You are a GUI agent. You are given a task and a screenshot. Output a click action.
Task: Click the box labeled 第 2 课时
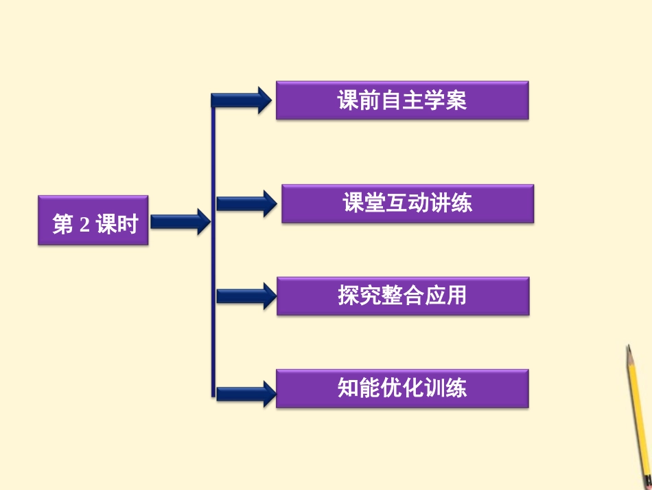click(x=93, y=221)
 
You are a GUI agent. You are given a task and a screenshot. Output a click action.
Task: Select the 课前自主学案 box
click(x=402, y=100)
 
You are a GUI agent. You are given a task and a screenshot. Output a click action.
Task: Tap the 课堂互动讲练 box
click(x=408, y=203)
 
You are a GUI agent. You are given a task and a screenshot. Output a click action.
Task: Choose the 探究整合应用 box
click(x=403, y=296)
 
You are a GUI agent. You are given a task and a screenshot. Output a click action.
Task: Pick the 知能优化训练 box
click(x=402, y=388)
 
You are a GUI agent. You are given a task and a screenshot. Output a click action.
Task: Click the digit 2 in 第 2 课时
click(x=84, y=225)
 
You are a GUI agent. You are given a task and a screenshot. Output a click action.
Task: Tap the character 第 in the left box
click(x=63, y=224)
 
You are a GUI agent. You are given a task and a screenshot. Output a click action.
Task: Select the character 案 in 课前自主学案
click(x=456, y=101)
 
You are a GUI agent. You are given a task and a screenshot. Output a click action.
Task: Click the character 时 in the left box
click(x=128, y=224)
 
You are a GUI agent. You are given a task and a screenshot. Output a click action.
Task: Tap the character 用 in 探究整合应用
click(x=456, y=296)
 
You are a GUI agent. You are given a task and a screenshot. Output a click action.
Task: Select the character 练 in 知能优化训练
click(x=456, y=388)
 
